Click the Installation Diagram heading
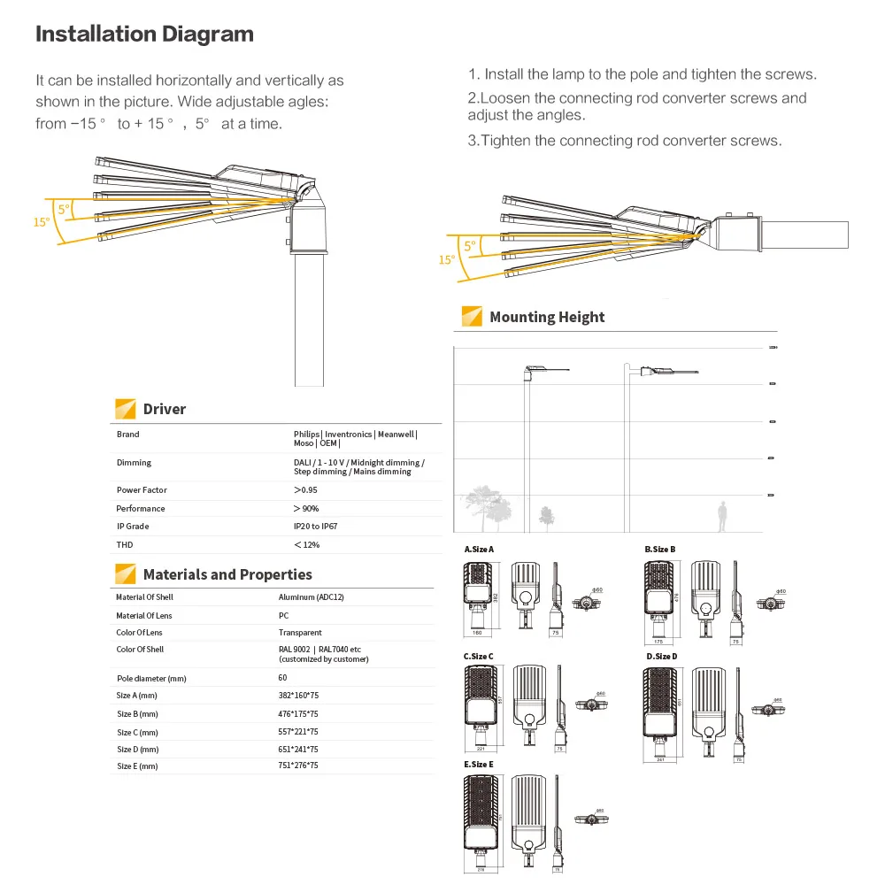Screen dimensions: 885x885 (x=144, y=35)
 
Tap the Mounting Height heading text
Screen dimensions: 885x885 (x=547, y=317)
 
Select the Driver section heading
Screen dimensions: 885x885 (x=165, y=409)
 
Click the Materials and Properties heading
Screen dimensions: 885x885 (x=227, y=574)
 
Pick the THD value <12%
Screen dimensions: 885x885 (x=306, y=545)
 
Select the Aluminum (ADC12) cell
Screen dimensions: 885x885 (x=311, y=597)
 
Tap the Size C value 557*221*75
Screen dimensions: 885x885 (x=298, y=732)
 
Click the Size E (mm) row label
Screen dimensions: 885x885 (x=137, y=766)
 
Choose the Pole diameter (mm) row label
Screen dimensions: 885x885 (x=151, y=679)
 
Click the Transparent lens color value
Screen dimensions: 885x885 (x=300, y=633)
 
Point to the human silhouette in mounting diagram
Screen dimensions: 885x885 (x=722, y=516)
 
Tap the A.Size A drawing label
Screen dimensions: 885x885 (x=479, y=550)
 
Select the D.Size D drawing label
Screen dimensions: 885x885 (x=661, y=657)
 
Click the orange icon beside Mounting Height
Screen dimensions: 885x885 (x=473, y=317)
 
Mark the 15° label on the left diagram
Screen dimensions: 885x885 (x=42, y=222)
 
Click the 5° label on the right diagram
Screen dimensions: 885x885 (x=469, y=245)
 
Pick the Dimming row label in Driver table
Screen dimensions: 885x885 (x=134, y=463)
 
